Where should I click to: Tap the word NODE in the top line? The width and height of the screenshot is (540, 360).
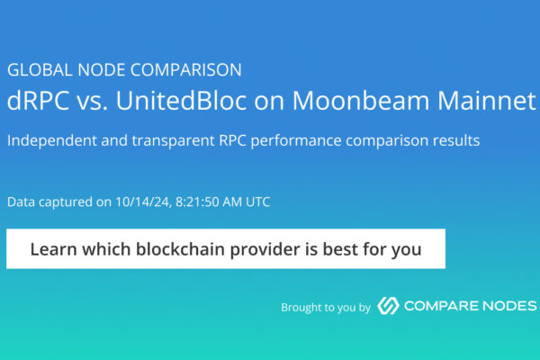coord(101,70)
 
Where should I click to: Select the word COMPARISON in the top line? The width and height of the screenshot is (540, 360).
coord(186,70)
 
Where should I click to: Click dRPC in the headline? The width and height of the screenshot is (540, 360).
coord(38,100)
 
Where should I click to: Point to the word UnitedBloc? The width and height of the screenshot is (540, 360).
coord(182,100)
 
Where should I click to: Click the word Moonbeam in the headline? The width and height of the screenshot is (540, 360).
coord(361,100)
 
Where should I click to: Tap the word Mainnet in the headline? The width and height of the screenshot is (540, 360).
coord(487,100)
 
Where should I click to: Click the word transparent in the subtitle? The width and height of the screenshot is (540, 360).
coord(173,141)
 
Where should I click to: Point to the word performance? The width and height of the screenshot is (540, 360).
coord(296,141)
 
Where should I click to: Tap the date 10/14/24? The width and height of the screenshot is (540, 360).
coord(143,202)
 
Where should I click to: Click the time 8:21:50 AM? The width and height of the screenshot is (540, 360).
coord(209,202)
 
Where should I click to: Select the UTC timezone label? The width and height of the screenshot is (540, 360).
coord(258,202)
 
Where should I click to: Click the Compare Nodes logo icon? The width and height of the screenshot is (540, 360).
coord(388,306)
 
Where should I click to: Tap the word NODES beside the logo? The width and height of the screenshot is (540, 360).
coord(509,306)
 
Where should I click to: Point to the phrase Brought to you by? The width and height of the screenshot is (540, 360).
coord(326,307)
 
